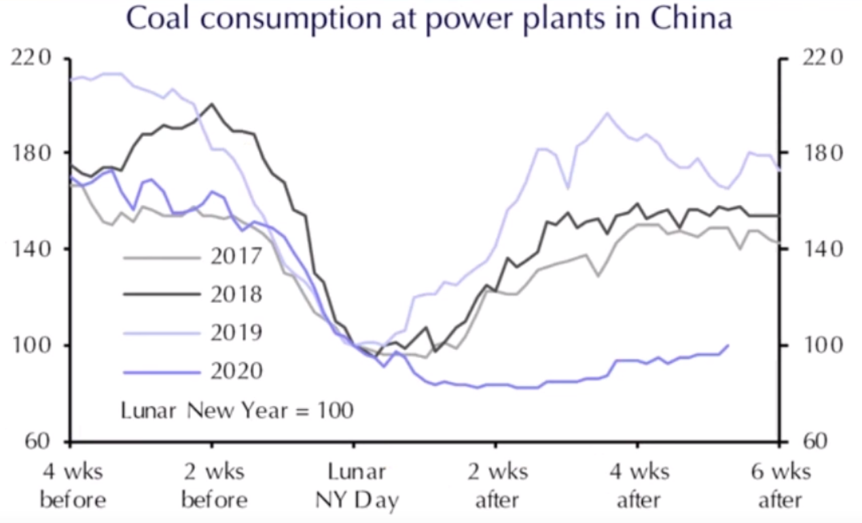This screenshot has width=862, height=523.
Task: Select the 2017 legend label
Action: pyautogui.click(x=236, y=257)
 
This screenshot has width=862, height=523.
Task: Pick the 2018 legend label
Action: pyautogui.click(x=236, y=294)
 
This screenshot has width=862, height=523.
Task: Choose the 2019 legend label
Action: pyautogui.click(x=236, y=332)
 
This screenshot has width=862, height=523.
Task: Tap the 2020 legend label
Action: pyautogui.click(x=236, y=371)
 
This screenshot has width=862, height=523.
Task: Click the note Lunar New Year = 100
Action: pyautogui.click(x=237, y=410)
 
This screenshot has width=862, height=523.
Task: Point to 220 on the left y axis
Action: pyautogui.click(x=31, y=58)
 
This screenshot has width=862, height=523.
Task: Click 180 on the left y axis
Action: pyautogui.click(x=31, y=153)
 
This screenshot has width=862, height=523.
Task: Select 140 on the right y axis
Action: pyautogui.click(x=822, y=249)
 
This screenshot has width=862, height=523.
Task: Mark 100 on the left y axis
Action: pyautogui.click(x=31, y=346)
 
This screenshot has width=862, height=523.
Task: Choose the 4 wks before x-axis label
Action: pyautogui.click(x=73, y=486)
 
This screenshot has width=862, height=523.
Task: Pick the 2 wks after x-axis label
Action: pyautogui.click(x=497, y=486)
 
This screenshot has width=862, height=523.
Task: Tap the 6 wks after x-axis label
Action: pyautogui.click(x=780, y=486)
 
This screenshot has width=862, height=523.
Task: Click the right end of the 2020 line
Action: pyautogui.click(x=728, y=345)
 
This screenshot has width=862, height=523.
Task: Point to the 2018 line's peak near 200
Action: pyautogui.click(x=212, y=104)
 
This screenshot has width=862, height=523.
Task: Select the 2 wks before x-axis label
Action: pyautogui.click(x=214, y=486)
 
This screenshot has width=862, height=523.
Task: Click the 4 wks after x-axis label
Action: pyautogui.click(x=639, y=486)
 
